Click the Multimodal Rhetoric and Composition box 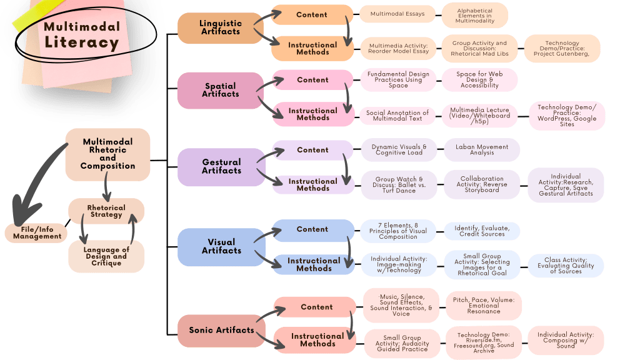click(107, 154)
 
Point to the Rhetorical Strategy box click(106, 211)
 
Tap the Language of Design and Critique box click(106, 256)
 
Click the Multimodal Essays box click(397, 14)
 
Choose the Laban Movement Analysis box click(481, 150)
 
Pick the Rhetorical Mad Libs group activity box click(479, 48)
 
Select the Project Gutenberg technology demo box click(562, 48)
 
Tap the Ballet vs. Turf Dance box click(399, 185)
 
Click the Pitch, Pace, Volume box click(484, 304)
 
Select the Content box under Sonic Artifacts click(316, 307)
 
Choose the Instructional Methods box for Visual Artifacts click(314, 264)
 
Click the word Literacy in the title click(81, 42)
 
